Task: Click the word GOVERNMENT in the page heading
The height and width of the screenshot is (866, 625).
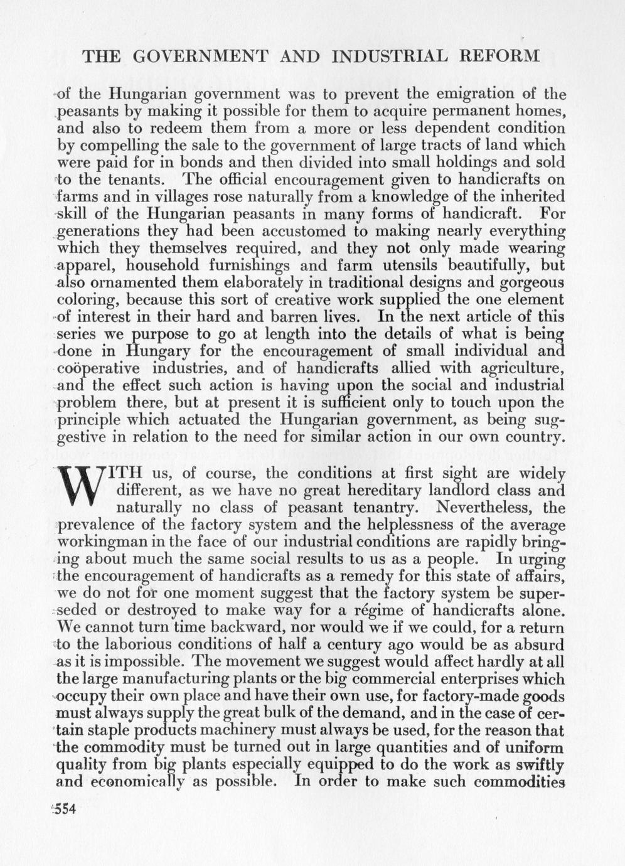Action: click(x=200, y=56)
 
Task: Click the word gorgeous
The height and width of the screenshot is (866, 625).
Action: click(x=532, y=283)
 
